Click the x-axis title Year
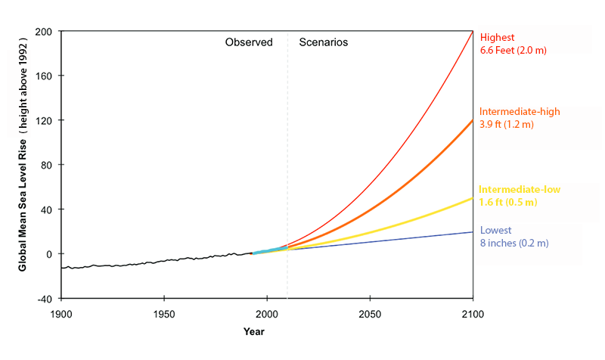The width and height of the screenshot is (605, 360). click(254, 332)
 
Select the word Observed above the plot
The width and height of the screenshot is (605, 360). click(248, 42)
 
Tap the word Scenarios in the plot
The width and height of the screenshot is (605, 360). click(324, 42)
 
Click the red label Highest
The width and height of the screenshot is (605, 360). click(497, 37)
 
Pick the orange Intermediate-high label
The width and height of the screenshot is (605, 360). click(519, 111)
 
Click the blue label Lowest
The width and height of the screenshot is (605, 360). click(495, 230)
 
